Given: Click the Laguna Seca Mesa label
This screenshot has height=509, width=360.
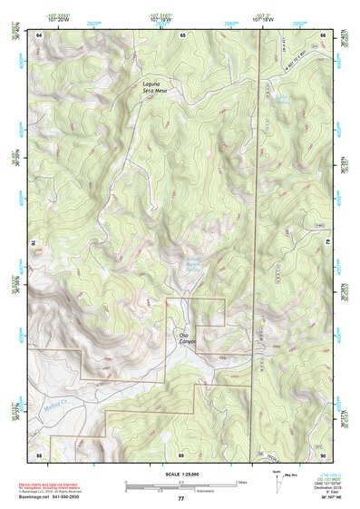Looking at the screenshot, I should pyautogui.click(x=157, y=88).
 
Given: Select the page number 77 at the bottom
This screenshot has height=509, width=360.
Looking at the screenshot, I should pyautogui.click(x=180, y=498).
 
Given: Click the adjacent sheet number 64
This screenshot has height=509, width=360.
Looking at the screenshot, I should pyautogui.click(x=40, y=34).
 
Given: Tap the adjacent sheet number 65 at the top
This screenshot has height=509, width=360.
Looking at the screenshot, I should pyautogui.click(x=182, y=34).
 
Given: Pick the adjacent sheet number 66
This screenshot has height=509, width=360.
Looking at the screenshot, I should pyautogui.click(x=323, y=34).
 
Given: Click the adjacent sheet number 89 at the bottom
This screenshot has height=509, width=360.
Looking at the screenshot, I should pyautogui.click(x=181, y=453).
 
